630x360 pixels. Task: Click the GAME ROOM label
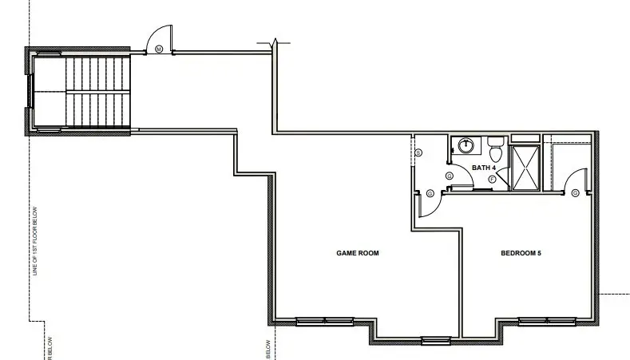point(357,253)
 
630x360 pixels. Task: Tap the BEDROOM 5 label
point(521,253)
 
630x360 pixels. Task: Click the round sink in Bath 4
point(463,146)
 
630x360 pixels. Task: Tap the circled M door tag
point(159,49)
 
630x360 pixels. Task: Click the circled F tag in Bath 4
point(492,180)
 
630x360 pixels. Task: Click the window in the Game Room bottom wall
point(318,322)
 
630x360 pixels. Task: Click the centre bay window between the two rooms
point(436,341)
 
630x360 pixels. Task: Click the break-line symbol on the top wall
point(274,44)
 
